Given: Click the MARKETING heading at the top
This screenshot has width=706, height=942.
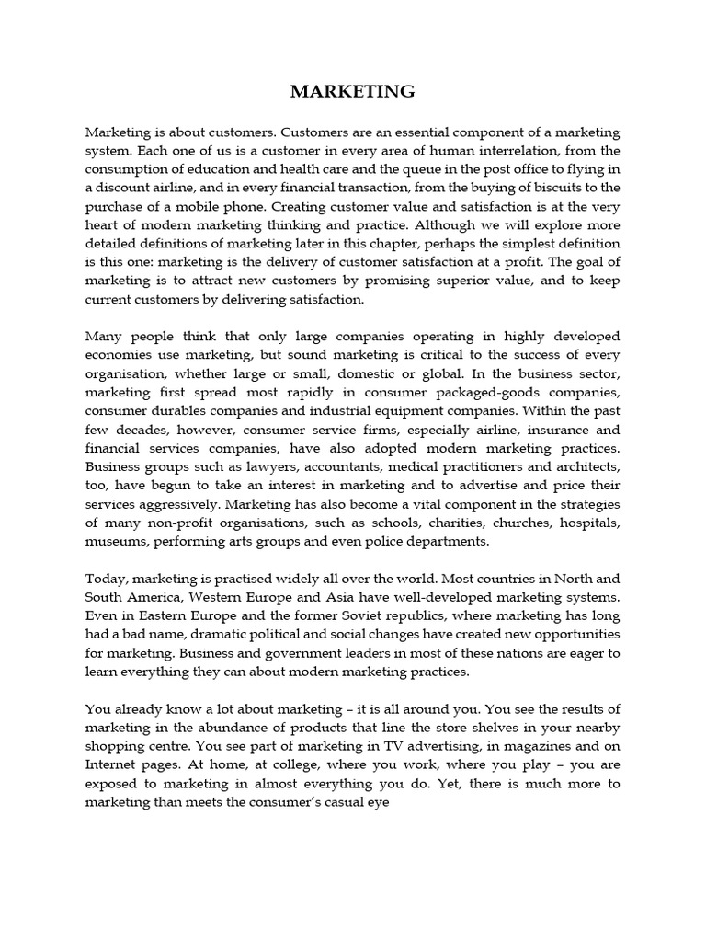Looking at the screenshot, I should [353, 91].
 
